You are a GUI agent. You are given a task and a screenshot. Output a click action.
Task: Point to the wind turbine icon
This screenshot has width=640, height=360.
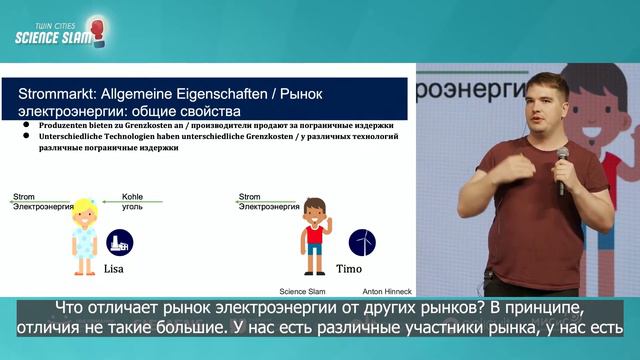pyautogui.click(x=362, y=243)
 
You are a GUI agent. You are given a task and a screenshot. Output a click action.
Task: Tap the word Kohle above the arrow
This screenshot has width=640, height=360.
pyautogui.click(x=132, y=197)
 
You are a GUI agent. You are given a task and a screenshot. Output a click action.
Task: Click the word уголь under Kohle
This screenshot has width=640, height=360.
pyautogui.click(x=132, y=207)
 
